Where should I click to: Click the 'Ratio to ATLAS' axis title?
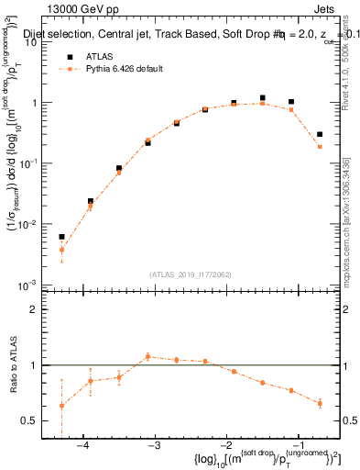point(13,364)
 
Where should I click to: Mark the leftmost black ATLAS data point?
point(61,237)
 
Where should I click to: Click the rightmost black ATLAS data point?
point(320,134)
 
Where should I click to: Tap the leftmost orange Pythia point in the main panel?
point(61,250)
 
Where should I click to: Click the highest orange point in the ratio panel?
point(147,356)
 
